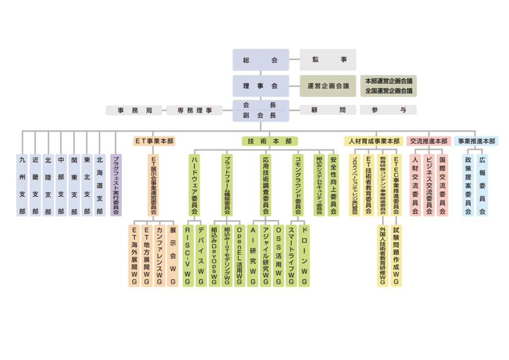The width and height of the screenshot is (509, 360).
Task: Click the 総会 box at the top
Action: (260, 60)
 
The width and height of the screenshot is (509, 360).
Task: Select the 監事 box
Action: (328, 60)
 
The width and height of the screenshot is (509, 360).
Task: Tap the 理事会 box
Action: (260, 86)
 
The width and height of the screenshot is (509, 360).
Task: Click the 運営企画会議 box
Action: (328, 86)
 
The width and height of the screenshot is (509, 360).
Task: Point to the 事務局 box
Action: (134, 110)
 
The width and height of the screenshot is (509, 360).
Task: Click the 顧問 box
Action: (328, 110)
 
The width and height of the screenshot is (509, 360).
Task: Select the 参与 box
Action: (388, 110)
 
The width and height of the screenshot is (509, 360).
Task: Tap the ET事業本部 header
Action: (154, 141)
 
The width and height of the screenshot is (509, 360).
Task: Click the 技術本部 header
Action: (270, 141)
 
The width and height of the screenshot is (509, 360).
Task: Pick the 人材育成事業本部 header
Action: (374, 141)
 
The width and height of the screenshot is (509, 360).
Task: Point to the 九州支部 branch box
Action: (22, 185)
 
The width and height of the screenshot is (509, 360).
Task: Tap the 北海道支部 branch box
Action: (99, 185)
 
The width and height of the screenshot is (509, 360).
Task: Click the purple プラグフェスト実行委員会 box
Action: (115, 185)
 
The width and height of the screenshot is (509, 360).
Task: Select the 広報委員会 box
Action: (482, 185)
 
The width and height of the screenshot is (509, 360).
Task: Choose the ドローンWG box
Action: (304, 255)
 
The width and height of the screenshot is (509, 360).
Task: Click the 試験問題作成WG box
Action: (396, 255)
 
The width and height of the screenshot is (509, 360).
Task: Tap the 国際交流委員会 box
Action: (442, 185)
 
